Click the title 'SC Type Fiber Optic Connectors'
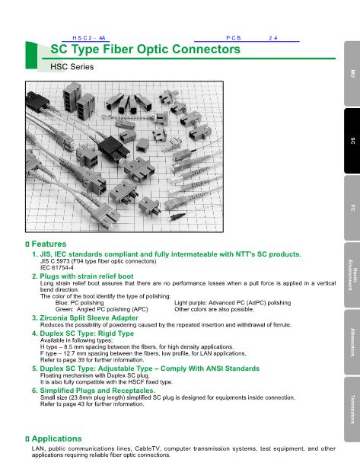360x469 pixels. coord(145,49)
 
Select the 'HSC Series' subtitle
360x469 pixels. coord(72,67)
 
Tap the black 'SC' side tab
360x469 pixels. coord(352,141)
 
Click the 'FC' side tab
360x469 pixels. coord(352,208)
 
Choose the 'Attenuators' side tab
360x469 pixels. coord(352,342)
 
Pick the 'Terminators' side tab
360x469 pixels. coord(352,409)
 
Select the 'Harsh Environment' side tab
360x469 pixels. coord(352,275)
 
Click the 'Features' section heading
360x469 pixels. coord(49,244)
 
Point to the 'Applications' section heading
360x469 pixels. coord(56,439)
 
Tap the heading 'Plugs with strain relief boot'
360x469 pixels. coord(87,276)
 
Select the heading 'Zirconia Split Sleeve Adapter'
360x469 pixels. coord(89,317)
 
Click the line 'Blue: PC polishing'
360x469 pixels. coord(79,303)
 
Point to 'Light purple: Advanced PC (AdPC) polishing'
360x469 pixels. coord(233,303)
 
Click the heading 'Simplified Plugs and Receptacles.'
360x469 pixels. coord(97,391)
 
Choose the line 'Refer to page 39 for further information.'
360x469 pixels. coord(92,360)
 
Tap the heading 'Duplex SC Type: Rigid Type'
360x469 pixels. coord(87,333)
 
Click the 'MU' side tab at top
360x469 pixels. coord(352,74)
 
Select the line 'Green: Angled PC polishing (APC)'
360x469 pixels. coord(102,309)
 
